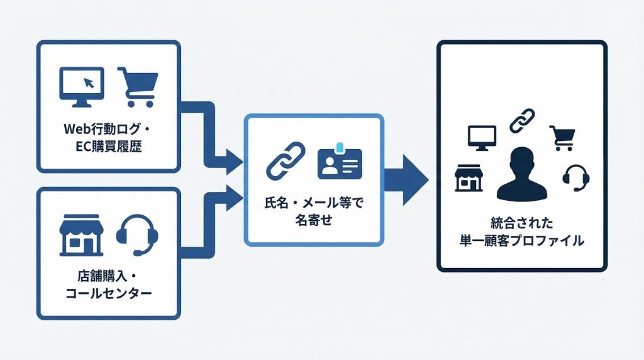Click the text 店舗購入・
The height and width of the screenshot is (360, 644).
point(109,276)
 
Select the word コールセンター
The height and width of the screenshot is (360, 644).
point(109,295)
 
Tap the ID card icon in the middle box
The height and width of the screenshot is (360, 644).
point(340,162)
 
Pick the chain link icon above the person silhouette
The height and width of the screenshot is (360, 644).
point(521,120)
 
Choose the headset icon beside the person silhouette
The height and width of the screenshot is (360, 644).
point(575,178)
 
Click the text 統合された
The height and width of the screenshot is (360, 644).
point(521,223)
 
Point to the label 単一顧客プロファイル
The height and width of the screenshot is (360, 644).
point(521,240)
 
